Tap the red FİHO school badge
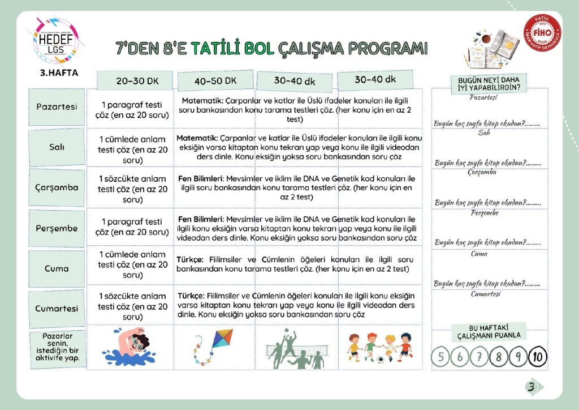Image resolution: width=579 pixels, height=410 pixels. (x=542, y=32)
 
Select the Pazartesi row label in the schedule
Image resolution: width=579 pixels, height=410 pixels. (x=57, y=106)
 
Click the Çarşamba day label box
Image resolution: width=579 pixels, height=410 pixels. (x=57, y=187)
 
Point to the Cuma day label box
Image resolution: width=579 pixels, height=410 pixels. (x=57, y=268)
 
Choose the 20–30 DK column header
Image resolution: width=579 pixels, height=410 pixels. (x=137, y=81)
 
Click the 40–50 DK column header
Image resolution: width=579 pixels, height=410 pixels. (x=215, y=81)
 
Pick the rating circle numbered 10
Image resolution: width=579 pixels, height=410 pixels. (x=538, y=357)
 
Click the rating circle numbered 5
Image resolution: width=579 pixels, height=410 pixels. (x=440, y=357)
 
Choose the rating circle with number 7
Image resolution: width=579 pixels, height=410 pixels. (x=479, y=357)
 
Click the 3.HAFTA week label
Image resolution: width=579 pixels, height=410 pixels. (x=59, y=73)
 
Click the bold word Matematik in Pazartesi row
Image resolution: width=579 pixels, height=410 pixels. (x=201, y=100)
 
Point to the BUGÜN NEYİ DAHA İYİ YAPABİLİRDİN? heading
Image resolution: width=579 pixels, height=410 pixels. (x=489, y=84)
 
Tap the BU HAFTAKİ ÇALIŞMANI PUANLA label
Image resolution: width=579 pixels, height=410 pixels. (x=489, y=332)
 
